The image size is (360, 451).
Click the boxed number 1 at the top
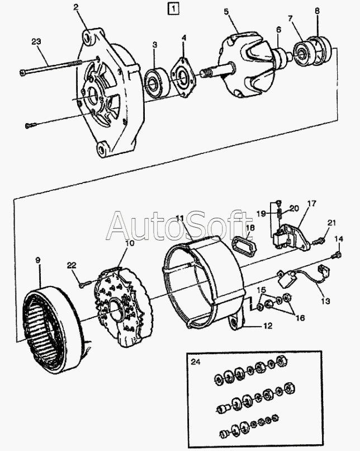[x=173, y=9]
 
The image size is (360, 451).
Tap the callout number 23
[x=36, y=42]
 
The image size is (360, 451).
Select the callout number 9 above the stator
[x=38, y=260]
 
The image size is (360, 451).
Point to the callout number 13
[x=325, y=301]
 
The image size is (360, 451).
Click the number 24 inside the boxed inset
[x=195, y=361]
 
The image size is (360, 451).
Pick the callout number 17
[x=312, y=204]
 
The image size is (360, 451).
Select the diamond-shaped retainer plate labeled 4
[x=182, y=77]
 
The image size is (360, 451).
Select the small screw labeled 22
[x=85, y=284]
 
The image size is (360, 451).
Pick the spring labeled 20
[x=279, y=214]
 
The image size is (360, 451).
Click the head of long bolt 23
[x=23, y=73]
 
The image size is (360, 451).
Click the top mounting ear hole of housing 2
[x=89, y=38]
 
